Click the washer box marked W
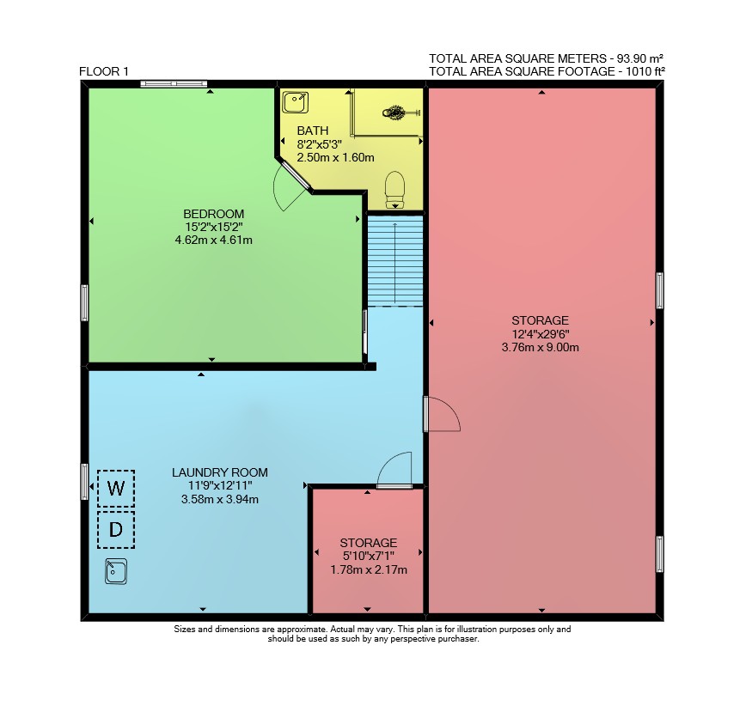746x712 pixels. tap(116, 488)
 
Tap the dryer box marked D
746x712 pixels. tap(116, 529)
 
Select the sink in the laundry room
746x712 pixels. tap(116, 571)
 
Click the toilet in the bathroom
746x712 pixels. tap(394, 190)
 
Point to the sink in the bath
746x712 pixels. tap(296, 103)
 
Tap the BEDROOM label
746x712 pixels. tap(214, 214)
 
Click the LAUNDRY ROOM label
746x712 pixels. tap(220, 472)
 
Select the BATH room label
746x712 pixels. tap(313, 131)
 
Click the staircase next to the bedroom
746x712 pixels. tap(394, 261)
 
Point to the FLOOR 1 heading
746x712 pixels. tap(104, 72)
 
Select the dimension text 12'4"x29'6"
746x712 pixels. tap(541, 333)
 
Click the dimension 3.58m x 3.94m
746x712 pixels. tap(220, 499)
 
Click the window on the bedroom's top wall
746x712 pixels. tap(174, 84)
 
